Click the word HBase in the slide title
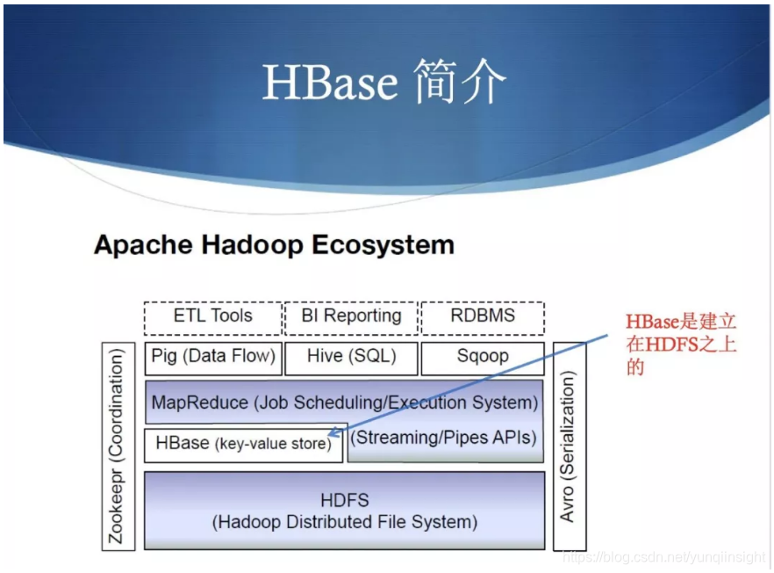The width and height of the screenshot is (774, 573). point(329,83)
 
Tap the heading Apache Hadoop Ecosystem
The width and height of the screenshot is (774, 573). point(274,244)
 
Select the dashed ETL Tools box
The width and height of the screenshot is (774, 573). point(212,317)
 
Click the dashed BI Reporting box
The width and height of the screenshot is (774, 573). point(351,317)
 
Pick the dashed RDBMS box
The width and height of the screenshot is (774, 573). point(483,317)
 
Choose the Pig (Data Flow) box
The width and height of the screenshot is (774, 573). point(213,358)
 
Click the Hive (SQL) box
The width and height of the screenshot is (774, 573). point(351,358)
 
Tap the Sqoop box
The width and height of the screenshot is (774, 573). point(483,358)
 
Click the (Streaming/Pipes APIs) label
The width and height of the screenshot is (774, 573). point(443,438)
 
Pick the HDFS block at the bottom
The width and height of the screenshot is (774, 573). point(344,510)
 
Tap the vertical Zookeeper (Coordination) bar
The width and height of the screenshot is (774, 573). point(118,446)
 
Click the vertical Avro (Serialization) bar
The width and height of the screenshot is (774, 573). point(570,446)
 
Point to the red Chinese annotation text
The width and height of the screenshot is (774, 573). point(680,345)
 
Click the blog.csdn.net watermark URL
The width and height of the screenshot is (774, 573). point(663,558)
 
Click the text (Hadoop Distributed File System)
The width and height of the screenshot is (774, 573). point(344,522)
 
